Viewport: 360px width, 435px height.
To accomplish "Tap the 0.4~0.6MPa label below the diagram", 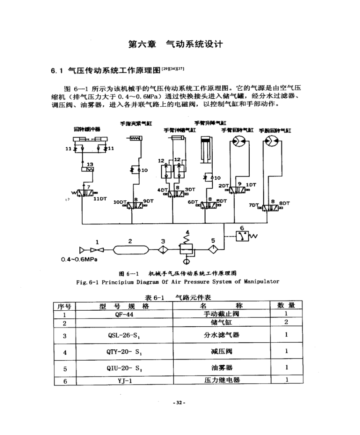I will point(78,259).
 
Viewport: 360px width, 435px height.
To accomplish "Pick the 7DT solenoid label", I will point(253,205).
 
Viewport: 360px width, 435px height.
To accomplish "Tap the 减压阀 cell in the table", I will point(222,352).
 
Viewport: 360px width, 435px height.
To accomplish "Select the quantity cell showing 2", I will point(286,322).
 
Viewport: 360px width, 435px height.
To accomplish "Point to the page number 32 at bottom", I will point(180,403).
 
